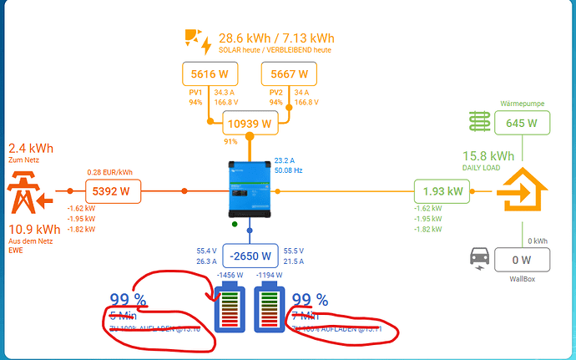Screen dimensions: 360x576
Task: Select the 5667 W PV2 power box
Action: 288,74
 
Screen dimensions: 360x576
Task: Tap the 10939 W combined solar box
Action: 250,124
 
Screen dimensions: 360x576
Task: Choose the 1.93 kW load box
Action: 443,191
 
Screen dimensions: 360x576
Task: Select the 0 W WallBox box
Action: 523,260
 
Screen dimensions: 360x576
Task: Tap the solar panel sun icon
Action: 199,42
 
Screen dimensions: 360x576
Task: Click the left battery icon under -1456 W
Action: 228,307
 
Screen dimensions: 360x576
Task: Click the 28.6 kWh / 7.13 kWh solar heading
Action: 276,38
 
